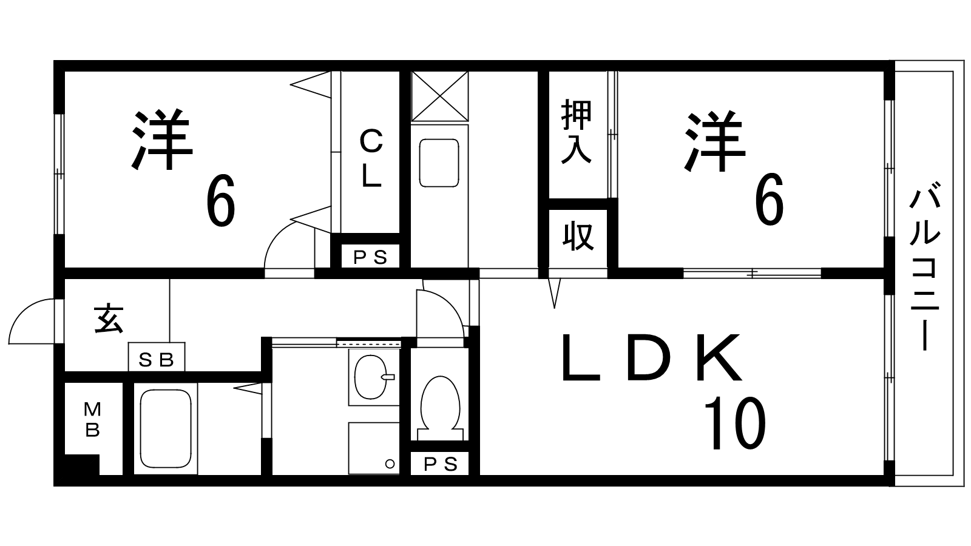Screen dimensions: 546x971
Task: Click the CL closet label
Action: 371,159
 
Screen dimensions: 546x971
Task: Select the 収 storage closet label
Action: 577,236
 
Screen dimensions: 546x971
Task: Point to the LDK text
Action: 652,359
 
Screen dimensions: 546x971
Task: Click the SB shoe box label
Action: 157,360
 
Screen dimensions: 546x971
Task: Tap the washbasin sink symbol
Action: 372,377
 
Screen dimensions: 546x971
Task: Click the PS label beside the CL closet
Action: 370,258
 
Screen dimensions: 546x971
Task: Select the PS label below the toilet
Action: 440,465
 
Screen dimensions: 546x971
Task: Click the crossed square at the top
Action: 439,96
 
